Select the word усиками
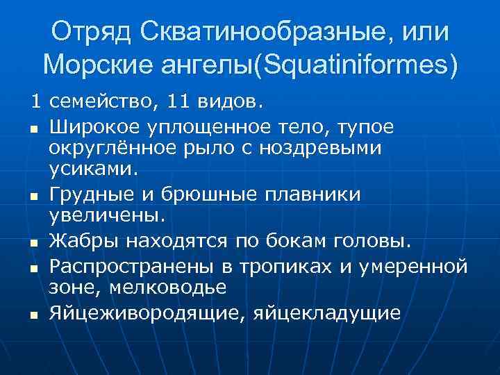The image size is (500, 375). click(94, 167)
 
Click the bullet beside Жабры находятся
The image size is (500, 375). click(33, 242)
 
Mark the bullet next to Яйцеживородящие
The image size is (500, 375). click(33, 315)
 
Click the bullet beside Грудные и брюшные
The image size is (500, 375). click(33, 196)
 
